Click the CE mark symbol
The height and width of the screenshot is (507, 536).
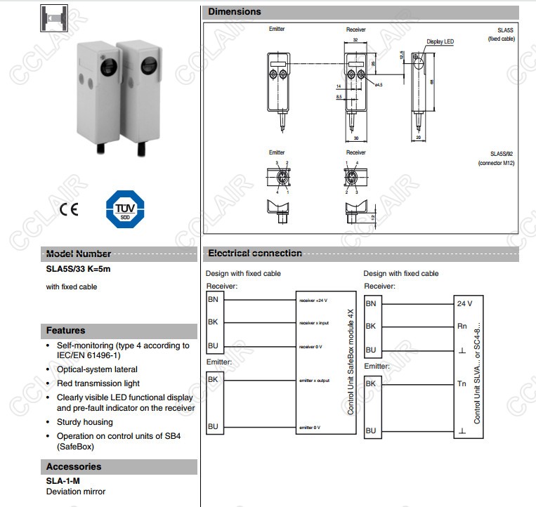click(x=69, y=209)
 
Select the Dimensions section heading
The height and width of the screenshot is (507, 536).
click(x=235, y=12)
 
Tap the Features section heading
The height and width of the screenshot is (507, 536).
click(x=65, y=331)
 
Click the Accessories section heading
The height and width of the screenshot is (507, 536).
click(x=74, y=467)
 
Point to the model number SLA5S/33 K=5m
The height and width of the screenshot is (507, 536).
click(x=78, y=268)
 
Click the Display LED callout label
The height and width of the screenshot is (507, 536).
click(x=440, y=42)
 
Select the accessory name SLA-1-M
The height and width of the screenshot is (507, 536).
click(x=63, y=481)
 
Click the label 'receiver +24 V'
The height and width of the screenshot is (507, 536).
click(x=314, y=300)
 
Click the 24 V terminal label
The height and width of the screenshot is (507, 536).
click(x=464, y=303)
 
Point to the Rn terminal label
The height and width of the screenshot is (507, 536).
click(x=462, y=327)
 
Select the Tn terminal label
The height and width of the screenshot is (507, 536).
click(x=462, y=384)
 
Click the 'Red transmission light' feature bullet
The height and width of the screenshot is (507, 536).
click(x=98, y=383)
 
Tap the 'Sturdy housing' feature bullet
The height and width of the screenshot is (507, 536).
click(x=84, y=422)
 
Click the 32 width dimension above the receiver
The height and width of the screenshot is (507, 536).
click(x=355, y=41)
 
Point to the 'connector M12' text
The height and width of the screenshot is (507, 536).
click(x=496, y=163)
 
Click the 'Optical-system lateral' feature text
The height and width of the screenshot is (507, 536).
click(x=97, y=369)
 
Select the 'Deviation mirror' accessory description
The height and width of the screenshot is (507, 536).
click(x=75, y=492)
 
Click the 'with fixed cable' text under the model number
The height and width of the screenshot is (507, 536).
click(x=72, y=287)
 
